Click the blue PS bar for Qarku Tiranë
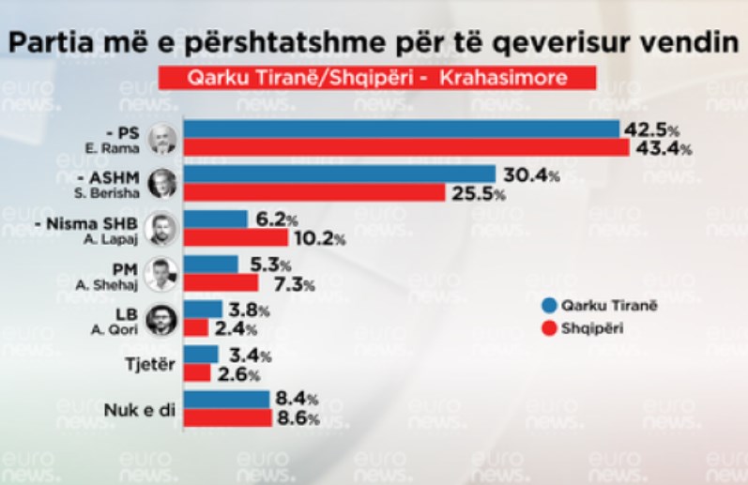pyautogui.click(x=401, y=129)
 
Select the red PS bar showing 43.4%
pyautogui.click(x=405, y=148)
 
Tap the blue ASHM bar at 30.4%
pyautogui.click(x=339, y=174)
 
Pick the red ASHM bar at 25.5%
pyautogui.click(x=314, y=193)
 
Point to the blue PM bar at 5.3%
pyautogui.click(x=210, y=264)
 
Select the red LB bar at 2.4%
pyautogui.click(x=195, y=327)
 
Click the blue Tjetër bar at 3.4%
pyautogui.click(x=200, y=355)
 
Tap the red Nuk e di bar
pyautogui.click(x=226, y=417)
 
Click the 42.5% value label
pyautogui.click(x=649, y=129)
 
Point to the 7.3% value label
pyautogui.click(x=288, y=282)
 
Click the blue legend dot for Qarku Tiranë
pyautogui.click(x=548, y=306)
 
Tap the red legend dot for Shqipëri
pyautogui.click(x=548, y=327)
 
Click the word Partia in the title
pyautogui.click(x=52, y=42)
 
